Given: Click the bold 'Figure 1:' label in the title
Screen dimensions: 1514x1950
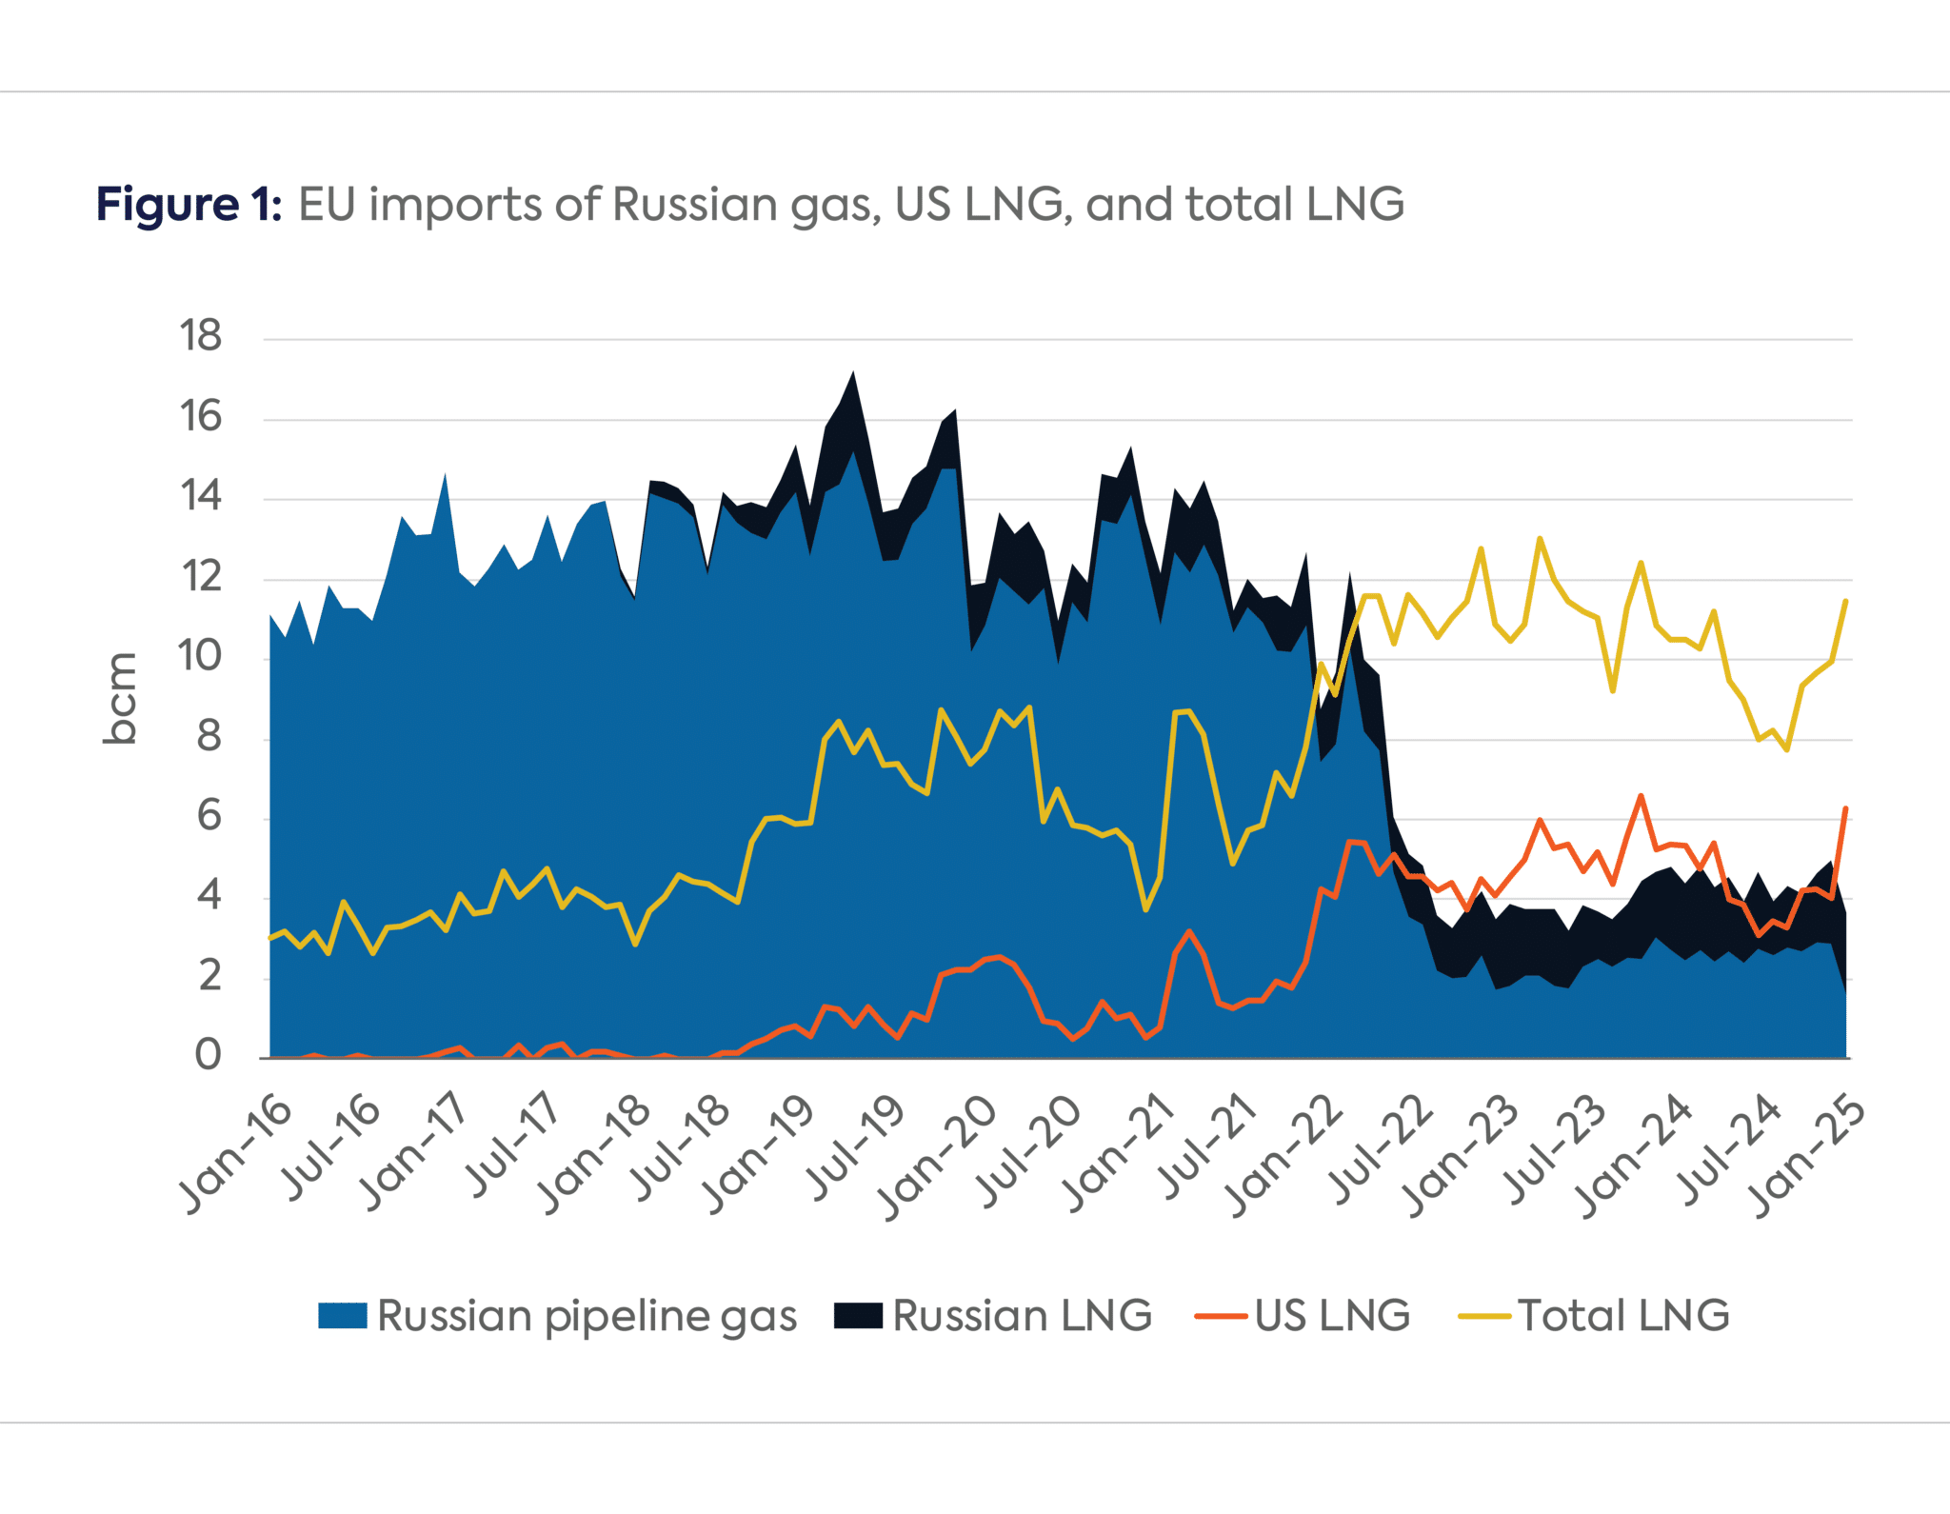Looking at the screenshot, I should (x=189, y=205).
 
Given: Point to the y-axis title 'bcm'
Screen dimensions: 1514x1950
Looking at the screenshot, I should (x=121, y=698).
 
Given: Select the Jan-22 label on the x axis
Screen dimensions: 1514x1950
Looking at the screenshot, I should (x=1283, y=1154).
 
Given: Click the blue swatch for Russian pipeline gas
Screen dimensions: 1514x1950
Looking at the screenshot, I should (x=342, y=1316).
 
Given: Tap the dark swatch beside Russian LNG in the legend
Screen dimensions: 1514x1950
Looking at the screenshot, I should (x=858, y=1316).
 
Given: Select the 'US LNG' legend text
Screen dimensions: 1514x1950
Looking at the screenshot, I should (x=1331, y=1316).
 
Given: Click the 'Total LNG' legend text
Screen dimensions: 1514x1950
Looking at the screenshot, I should (x=1623, y=1316).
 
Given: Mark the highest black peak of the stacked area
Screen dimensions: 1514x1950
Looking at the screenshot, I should (x=853, y=373).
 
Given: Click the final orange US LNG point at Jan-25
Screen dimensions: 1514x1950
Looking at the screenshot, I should (x=1846, y=808).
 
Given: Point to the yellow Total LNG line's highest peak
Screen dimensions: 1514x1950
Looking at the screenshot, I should (x=1540, y=539).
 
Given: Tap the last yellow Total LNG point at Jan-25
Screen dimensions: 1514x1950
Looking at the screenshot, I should (x=1846, y=601).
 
